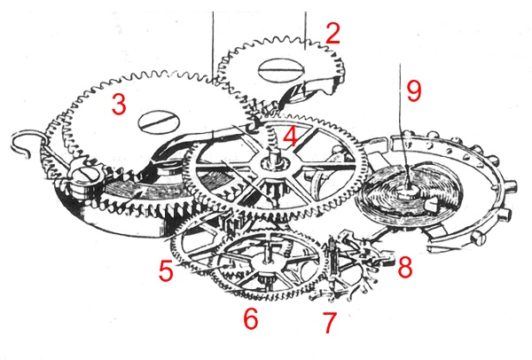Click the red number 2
click(x=332, y=34)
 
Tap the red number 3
click(x=119, y=104)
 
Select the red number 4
click(x=290, y=137)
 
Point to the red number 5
click(x=166, y=270)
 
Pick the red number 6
click(x=251, y=318)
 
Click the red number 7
click(x=330, y=323)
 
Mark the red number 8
click(x=405, y=266)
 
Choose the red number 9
click(x=414, y=90)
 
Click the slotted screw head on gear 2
click(x=281, y=71)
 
